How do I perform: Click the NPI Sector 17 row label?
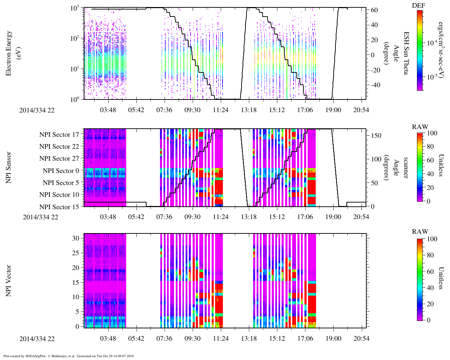tap(59, 134)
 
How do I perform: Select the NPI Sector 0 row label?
tap(61, 171)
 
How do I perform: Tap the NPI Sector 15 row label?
tap(59, 207)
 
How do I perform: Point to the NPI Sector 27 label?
tap(59, 159)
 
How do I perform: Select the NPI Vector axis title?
tap(9, 281)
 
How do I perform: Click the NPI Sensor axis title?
tap(9, 168)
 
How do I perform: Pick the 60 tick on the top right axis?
tap(374, 10)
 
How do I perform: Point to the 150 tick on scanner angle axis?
tap(377, 135)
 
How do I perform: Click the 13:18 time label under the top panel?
tap(249, 110)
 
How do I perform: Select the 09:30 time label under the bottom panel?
tap(192, 339)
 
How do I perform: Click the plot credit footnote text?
tap(69, 356)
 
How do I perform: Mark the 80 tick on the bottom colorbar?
tap(429, 255)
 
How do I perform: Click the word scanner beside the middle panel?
tap(406, 168)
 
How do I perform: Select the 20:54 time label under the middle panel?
tap(361, 217)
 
